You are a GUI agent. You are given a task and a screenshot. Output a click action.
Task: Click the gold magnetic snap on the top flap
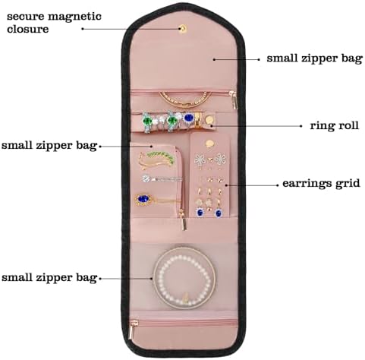pos(183,29)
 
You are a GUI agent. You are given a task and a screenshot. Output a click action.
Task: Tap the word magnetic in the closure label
pos(74,17)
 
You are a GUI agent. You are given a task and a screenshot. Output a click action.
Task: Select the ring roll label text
pos(335,125)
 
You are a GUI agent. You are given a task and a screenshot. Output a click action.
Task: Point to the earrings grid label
pos(321,183)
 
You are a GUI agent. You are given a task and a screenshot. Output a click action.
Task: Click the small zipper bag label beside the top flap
pos(315,58)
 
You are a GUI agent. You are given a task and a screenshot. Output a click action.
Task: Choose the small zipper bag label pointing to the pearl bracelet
pos(49,277)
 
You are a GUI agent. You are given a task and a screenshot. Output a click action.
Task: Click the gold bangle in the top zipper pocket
pos(185,99)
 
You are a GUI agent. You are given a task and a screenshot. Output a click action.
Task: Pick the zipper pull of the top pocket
pos(234,100)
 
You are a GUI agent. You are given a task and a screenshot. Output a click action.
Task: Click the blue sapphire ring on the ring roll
pos(189,118)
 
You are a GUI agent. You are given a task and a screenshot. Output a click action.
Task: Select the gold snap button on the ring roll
pos(209,120)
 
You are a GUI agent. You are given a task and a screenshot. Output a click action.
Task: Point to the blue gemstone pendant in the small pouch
pos(143,199)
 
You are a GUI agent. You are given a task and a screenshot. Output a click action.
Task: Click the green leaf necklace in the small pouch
pos(156,159)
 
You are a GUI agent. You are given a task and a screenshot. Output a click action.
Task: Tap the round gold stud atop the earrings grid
pos(209,144)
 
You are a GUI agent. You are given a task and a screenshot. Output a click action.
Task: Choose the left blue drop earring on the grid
pos(200,212)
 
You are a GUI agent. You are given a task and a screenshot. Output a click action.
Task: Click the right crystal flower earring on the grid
pos(220,159)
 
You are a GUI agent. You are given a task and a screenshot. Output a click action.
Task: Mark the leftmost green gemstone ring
pos(148,122)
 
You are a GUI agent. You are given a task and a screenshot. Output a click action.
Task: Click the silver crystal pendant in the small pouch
pos(146,178)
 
